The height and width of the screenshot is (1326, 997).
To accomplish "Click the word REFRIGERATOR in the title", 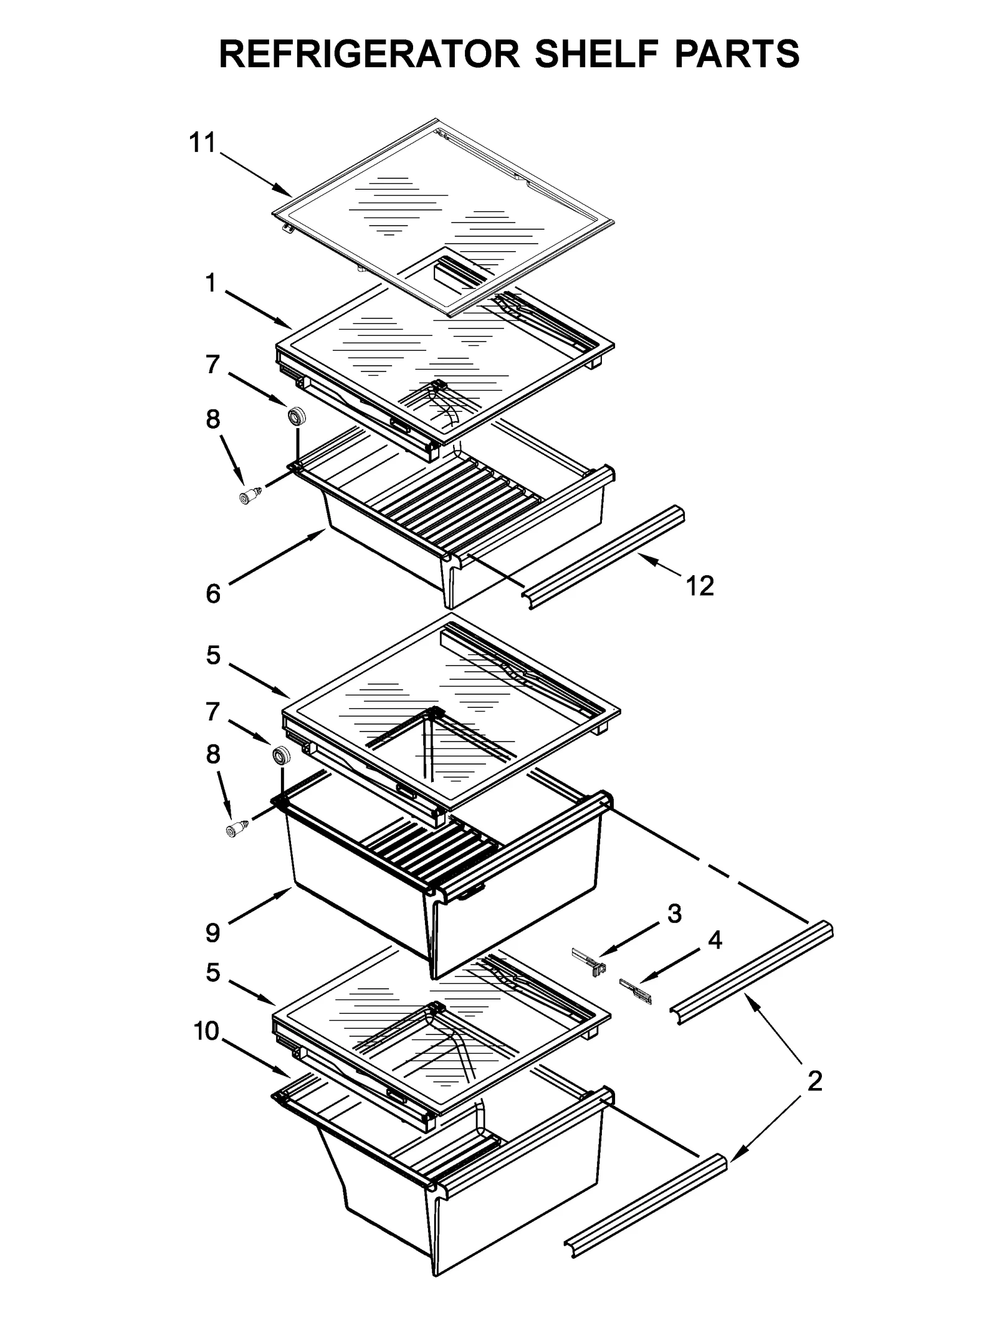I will tap(370, 54).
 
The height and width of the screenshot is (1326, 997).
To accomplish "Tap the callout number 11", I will tap(202, 143).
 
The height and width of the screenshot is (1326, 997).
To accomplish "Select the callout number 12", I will tap(699, 586).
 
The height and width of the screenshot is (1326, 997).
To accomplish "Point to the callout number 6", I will tap(213, 593).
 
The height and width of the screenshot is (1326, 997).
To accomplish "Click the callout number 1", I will tap(211, 284).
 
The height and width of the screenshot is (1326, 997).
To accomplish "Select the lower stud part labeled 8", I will tap(236, 829).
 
